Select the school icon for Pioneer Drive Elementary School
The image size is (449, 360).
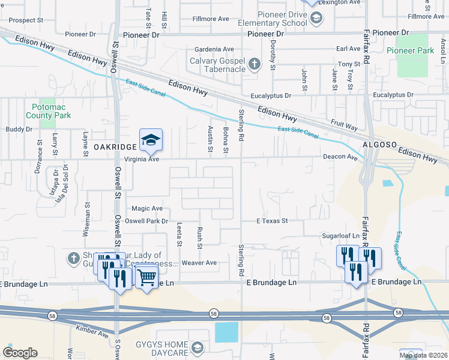pyautogui.click(x=315, y=19)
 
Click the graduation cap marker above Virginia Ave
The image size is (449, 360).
pyautogui.click(x=151, y=140)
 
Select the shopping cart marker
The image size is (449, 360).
pyautogui.click(x=146, y=277)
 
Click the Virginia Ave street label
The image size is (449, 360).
pyautogui.click(x=142, y=160)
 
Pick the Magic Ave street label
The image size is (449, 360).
pyautogui.click(x=147, y=208)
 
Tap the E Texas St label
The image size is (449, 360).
pyautogui.click(x=273, y=221)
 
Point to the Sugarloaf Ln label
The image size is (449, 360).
pyautogui.click(x=340, y=236)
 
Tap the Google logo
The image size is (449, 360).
pyautogui.click(x=20, y=353)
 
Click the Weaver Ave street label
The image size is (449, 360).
pyautogui.click(x=199, y=263)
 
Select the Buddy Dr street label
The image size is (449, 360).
pyautogui.click(x=19, y=129)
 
